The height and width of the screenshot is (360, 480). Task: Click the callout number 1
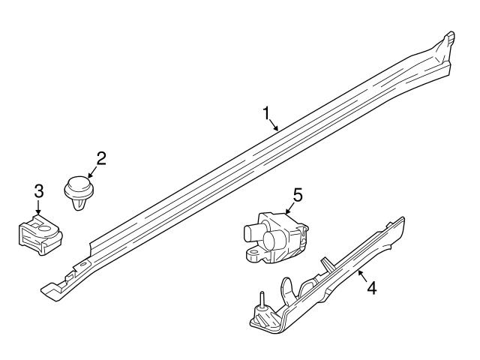[x=265, y=113]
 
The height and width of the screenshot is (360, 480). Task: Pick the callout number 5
[x=297, y=196]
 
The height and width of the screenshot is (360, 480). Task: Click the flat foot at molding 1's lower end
[x=50, y=287]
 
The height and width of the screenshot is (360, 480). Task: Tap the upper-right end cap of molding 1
[x=448, y=42]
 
